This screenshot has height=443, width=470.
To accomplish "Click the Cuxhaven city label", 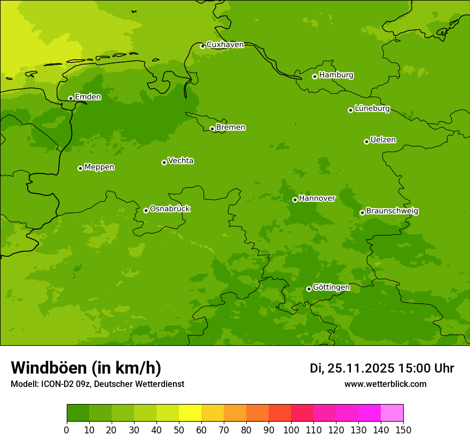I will (225, 45).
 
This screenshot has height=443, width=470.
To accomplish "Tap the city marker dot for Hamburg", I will (315, 76).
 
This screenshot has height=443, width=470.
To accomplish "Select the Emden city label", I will (88, 97).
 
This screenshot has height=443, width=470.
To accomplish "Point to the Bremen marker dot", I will (212, 129).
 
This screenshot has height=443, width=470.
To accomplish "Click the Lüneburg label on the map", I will (372, 109).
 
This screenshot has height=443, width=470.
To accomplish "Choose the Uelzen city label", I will (383, 140).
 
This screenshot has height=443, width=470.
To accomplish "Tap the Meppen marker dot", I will (80, 168).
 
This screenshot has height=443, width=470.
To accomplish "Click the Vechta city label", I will (181, 161).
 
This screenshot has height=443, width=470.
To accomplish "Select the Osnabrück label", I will (170, 209).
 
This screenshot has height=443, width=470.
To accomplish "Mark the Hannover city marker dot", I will (295, 200).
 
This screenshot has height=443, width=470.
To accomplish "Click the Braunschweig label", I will (392, 211).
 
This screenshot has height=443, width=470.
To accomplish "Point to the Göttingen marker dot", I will (309, 289).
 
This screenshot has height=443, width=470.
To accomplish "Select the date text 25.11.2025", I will (361, 368).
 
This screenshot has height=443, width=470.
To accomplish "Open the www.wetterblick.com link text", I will (385, 384).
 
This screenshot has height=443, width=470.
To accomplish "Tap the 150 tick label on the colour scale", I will (403, 430).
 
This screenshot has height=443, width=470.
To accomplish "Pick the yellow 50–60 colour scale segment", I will (190, 413).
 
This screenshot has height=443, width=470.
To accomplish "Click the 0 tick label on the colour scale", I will (67, 430).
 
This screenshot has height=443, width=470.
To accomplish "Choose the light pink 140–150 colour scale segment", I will (392, 413).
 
